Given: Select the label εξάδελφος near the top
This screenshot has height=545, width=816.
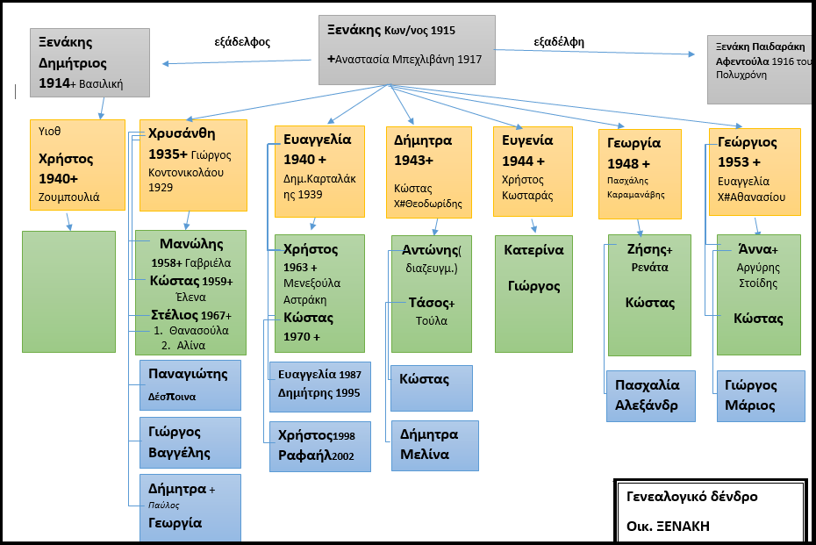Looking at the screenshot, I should tap(242, 41).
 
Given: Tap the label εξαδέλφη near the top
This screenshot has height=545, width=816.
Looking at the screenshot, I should tap(559, 41).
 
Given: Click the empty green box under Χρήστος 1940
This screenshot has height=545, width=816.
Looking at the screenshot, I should tap(68, 291).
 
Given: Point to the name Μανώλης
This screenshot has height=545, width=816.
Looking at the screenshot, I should tap(192, 244).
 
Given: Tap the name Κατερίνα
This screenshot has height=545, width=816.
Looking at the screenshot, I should tap(533, 250).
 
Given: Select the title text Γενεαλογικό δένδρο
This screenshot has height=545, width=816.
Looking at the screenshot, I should tap(692, 497).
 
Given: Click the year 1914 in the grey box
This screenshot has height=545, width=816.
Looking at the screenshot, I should tap(54, 84).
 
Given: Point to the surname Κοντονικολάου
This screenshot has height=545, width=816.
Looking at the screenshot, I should tap(186, 173).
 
